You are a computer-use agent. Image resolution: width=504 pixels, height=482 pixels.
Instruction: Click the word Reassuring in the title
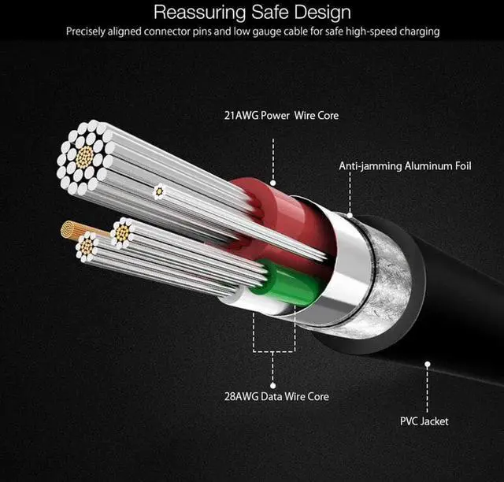coord(194,13)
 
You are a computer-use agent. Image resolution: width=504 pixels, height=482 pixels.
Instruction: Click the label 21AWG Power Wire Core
coord(281,116)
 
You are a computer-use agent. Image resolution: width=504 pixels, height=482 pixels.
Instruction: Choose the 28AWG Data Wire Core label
coord(275,396)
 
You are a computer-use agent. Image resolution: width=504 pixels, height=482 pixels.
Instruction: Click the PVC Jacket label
coord(424,421)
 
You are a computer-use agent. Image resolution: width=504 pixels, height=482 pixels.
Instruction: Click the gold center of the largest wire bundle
coord(82,157)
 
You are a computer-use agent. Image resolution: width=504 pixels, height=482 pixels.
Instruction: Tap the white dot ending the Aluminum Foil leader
coord(348,213)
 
